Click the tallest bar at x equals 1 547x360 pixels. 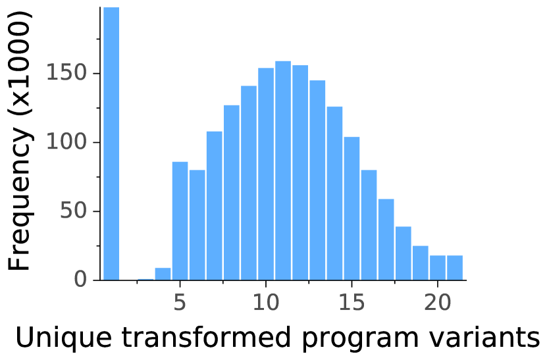[x=111, y=143]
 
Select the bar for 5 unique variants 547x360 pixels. [x=180, y=221]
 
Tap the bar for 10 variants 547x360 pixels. [x=266, y=174]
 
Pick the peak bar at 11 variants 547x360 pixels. [x=283, y=170]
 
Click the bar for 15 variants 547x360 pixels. [x=352, y=209]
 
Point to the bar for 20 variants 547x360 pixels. [x=438, y=268]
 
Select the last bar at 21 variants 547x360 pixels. [x=455, y=268]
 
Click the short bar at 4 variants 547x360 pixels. [x=163, y=274]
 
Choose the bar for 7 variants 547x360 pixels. [x=214, y=206]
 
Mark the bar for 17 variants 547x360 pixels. [x=386, y=240]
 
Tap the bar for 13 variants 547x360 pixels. [x=317, y=180]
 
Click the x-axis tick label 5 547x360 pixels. [x=180, y=302]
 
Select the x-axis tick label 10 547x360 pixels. [x=266, y=302]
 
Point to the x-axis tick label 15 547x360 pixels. [x=352, y=302]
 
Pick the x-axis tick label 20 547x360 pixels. [x=438, y=302]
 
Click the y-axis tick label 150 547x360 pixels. [x=66, y=73]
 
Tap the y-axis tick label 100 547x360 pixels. [x=66, y=142]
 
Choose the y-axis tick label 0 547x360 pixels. [x=80, y=280]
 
